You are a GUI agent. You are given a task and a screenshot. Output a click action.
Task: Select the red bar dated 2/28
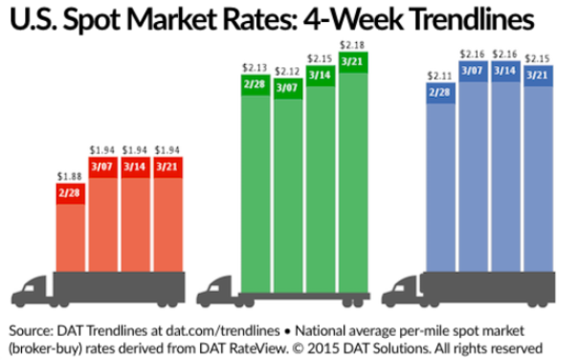[70, 230]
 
